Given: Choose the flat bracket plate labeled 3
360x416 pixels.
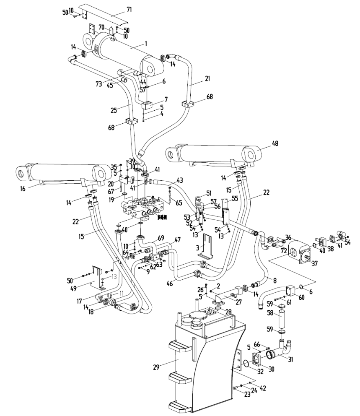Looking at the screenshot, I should tap(207, 243).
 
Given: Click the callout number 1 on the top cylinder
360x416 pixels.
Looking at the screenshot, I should tap(146, 43).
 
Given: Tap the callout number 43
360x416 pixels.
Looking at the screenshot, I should tap(180, 180).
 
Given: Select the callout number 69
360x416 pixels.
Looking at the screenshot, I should tap(161, 238).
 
